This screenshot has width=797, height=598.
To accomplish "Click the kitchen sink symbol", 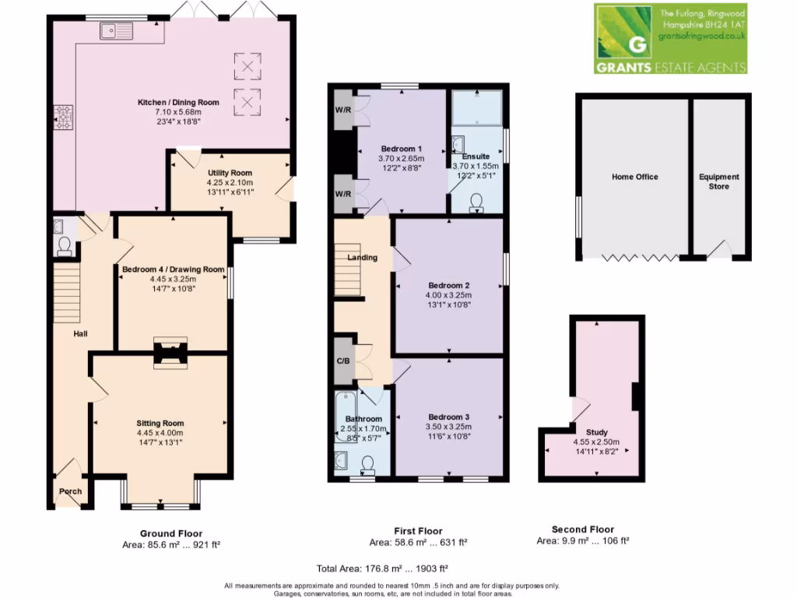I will pos(116,31).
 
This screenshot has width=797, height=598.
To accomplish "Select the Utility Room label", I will pos(230,173).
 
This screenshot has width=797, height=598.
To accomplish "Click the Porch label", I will pos(71,491).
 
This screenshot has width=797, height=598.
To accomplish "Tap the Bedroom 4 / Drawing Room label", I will pos(173,269).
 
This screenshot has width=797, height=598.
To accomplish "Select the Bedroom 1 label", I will pos(401,149).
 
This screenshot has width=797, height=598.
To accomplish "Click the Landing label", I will pos(362,258).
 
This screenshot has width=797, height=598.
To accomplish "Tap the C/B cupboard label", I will pos(343,361).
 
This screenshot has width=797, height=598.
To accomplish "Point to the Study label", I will pos(597,432).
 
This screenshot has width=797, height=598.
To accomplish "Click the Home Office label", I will pos(634,177).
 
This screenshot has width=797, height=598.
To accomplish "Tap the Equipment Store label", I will pos(718,181).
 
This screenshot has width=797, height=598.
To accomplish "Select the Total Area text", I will pos(382,568).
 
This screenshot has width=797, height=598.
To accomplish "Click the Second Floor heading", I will pos(582,529).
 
